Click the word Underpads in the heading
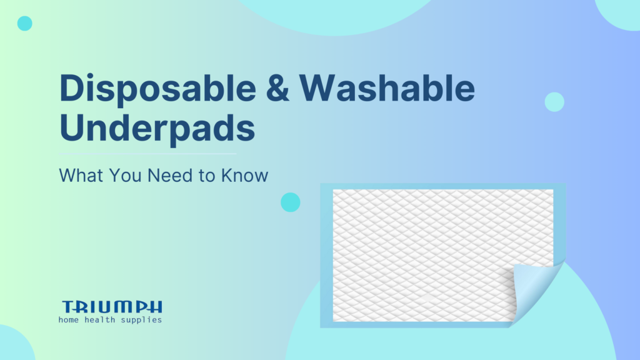(157, 128)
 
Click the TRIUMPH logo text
(112, 307)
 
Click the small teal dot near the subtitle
(290, 202)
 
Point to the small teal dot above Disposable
(24, 24)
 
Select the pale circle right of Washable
(554, 102)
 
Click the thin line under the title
(147, 153)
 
